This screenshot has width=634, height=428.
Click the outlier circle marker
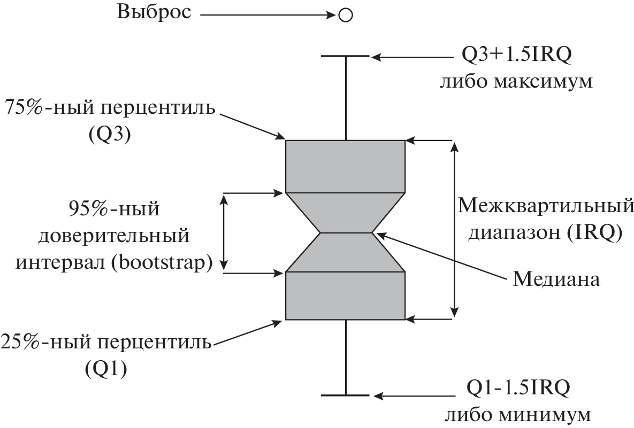click(346, 15)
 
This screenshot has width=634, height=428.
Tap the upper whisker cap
click(346, 56)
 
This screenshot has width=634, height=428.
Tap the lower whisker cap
click(346, 395)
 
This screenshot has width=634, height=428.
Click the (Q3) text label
click(110, 135)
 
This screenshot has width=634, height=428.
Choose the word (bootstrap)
click(163, 263)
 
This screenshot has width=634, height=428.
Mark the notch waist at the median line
click(346, 233)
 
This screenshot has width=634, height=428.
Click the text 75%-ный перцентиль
click(110, 108)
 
